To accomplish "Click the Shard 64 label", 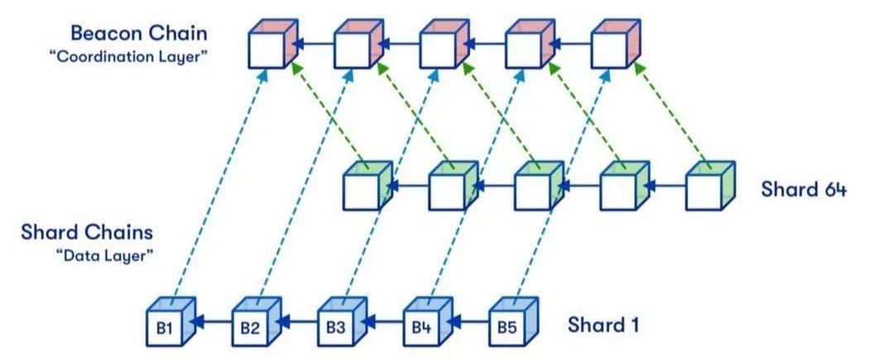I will coord(804,189).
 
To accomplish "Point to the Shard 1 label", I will coord(603,324).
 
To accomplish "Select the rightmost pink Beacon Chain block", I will coord(613,47).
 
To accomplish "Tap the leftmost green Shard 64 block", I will coord(365,189).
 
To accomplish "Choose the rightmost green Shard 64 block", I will coord(709,189).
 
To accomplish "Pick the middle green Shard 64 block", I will coord(537,189).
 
